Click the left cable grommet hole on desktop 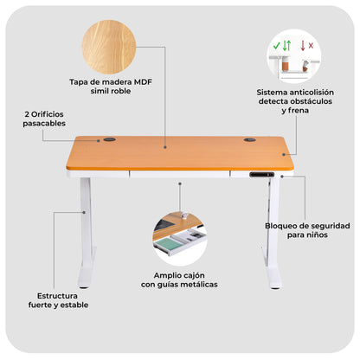[x=109, y=139]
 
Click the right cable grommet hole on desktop [x=249, y=140]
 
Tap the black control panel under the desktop [x=261, y=174]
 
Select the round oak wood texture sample [x=109, y=47]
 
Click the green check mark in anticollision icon [x=277, y=46]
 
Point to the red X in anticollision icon [x=311, y=46]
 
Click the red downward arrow [x=303, y=46]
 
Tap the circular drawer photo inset [x=179, y=239]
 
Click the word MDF [x=143, y=82]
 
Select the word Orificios [x=48, y=114]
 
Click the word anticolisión [x=312, y=93]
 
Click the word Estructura [x=57, y=296]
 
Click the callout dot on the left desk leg [x=84, y=212]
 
